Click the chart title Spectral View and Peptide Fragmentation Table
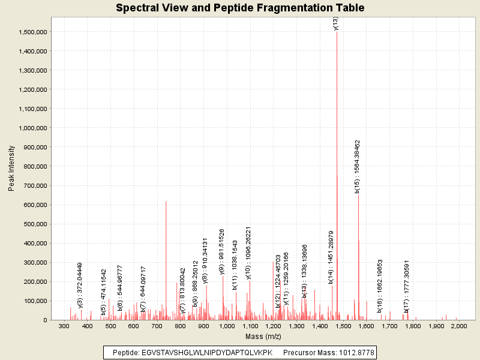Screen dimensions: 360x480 pyautogui.click(x=240, y=8)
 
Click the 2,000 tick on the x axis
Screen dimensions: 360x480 pyautogui.click(x=458, y=326)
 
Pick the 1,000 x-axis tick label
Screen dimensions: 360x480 pyautogui.click(x=226, y=326)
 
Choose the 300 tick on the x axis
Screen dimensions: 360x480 pyautogui.click(x=64, y=326)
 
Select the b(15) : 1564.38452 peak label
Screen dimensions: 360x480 pyautogui.click(x=358, y=166)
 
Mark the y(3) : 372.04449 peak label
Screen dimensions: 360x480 pyautogui.click(x=80, y=285)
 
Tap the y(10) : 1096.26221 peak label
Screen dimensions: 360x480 pyautogui.click(x=248, y=253)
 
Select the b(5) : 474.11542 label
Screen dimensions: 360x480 pyautogui.click(x=104, y=292)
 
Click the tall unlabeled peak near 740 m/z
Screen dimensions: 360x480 pyautogui.click(x=166, y=264)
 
